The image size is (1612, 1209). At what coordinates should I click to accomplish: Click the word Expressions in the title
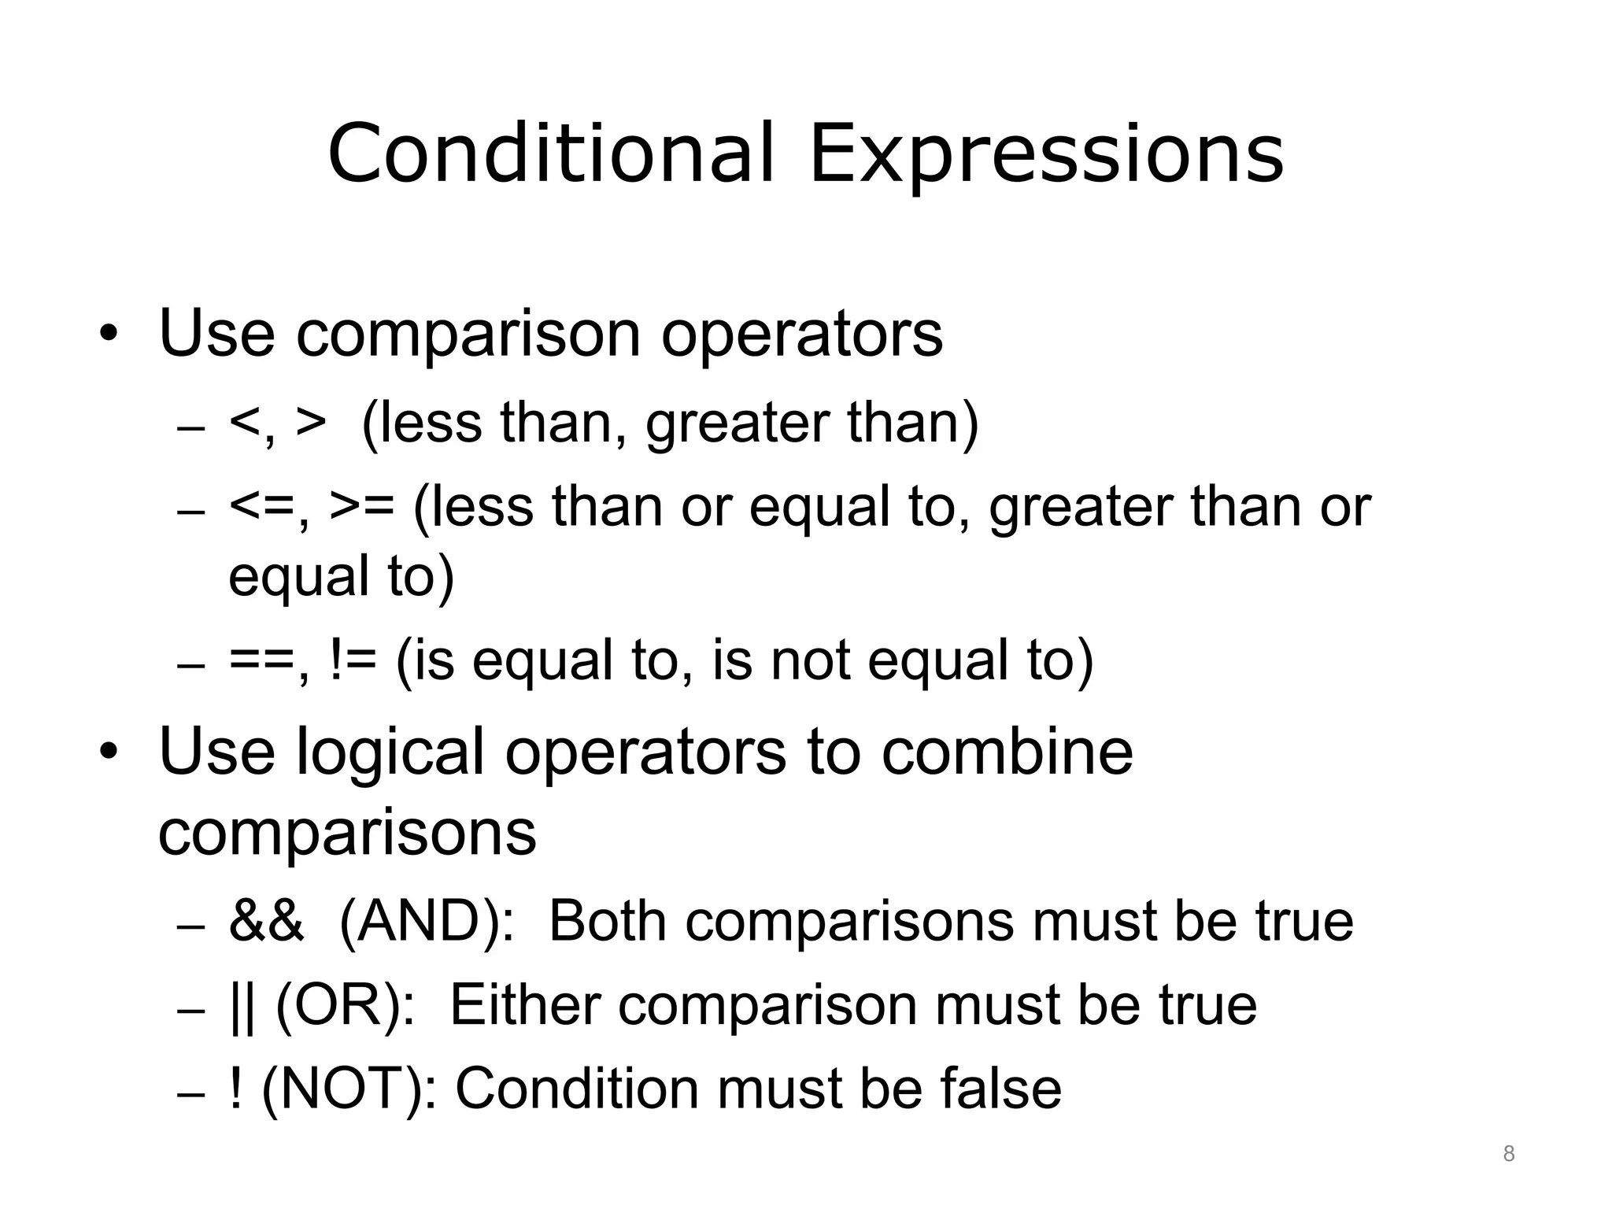coord(1047,154)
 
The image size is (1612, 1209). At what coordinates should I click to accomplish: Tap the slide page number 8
coord(1508,1154)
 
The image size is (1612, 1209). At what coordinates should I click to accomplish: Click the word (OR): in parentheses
coord(346,1005)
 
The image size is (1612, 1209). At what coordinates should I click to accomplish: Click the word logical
coord(390,752)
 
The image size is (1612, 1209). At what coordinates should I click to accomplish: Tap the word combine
coord(1007,751)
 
